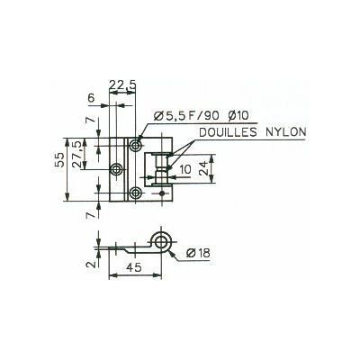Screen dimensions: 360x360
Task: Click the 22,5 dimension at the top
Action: [122, 85]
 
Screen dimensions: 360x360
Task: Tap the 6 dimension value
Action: [91, 98]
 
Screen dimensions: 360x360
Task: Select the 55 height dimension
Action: [59, 159]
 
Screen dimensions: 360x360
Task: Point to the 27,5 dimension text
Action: [77, 154]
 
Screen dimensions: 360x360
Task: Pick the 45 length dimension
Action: [134, 267]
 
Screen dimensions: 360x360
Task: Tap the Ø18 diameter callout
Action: [198, 253]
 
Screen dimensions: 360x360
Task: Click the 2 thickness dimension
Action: [93, 264]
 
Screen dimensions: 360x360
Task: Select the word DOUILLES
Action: [229, 132]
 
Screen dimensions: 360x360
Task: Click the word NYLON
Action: [285, 132]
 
